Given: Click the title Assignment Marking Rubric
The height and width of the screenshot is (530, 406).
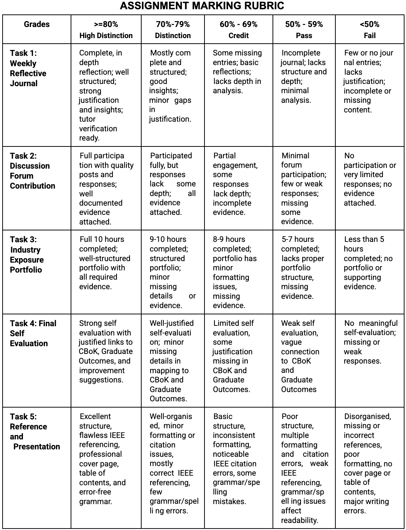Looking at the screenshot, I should pyautogui.click(x=202, y=6).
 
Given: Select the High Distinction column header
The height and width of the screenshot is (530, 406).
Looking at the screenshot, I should pyautogui.click(x=106, y=30).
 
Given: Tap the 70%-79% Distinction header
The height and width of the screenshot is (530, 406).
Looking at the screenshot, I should pyautogui.click(x=173, y=30).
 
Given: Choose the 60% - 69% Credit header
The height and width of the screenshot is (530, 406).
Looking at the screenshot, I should pyautogui.click(x=238, y=30).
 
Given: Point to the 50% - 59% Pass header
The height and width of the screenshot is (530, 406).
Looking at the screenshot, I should pyautogui.click(x=304, y=30).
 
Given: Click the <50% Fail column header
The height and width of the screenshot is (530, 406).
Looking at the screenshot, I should pyautogui.click(x=369, y=30).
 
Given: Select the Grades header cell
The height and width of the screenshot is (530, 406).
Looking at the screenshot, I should pyautogui.click(x=37, y=24).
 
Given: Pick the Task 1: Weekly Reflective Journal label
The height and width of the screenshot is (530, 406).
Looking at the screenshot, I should pyautogui.click(x=28, y=68).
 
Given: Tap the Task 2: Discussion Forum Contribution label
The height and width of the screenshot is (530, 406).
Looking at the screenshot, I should pyautogui.click(x=33, y=171).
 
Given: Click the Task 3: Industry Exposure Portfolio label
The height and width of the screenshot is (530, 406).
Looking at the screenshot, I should pyautogui.click(x=27, y=254).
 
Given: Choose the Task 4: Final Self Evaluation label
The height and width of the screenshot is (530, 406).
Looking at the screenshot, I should pyautogui.click(x=33, y=333).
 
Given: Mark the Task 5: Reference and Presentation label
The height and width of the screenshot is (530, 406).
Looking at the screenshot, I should pyautogui.click(x=35, y=432).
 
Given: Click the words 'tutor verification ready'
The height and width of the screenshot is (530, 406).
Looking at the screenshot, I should pyautogui.click(x=98, y=128).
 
